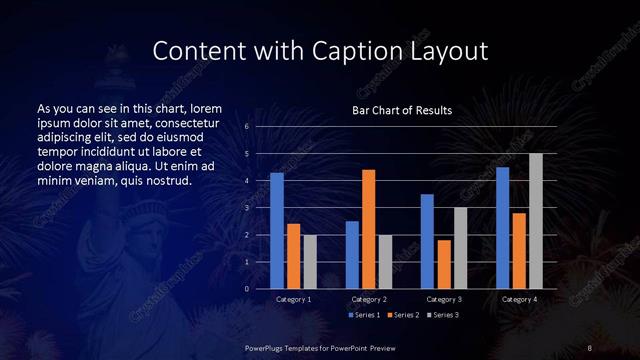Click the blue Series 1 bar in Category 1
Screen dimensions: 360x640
[277, 231]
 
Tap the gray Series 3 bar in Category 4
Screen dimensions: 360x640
[535, 221]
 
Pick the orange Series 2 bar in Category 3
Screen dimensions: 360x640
[444, 264]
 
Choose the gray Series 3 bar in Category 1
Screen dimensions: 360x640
[309, 262]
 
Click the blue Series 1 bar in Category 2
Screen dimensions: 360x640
[352, 255]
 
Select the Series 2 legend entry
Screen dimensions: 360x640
[405, 315]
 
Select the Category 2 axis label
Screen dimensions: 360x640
[368, 299]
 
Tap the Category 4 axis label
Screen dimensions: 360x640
[518, 299]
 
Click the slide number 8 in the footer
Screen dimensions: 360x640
[591, 347]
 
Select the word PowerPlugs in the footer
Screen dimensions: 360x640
[267, 347]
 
